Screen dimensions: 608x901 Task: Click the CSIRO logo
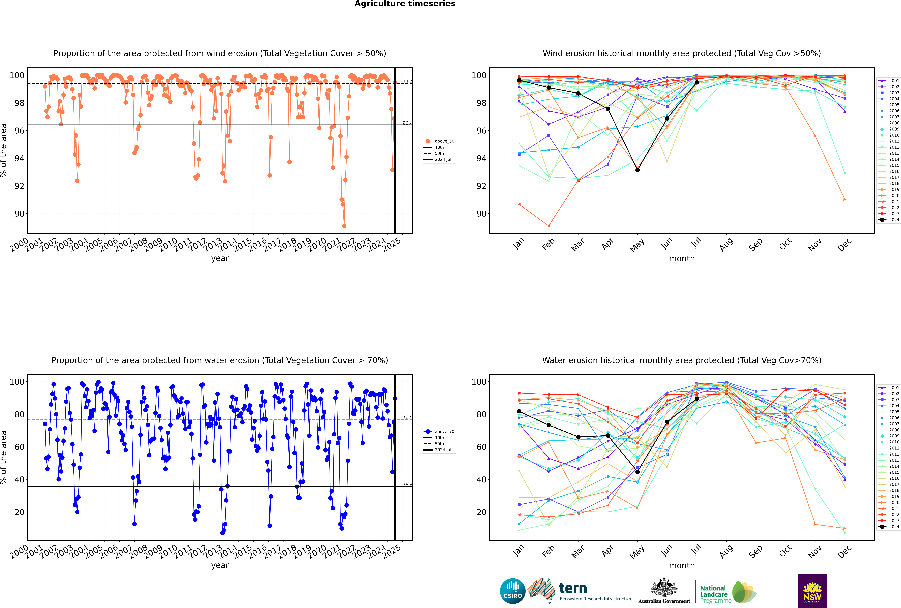point(512,591)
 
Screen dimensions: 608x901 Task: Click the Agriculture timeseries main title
point(405,4)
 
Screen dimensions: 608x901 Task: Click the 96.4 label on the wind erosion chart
point(407,123)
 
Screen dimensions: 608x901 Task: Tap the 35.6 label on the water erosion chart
point(407,485)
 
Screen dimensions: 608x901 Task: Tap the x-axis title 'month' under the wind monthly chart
point(682,259)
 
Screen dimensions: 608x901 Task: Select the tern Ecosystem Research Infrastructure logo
point(581,591)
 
